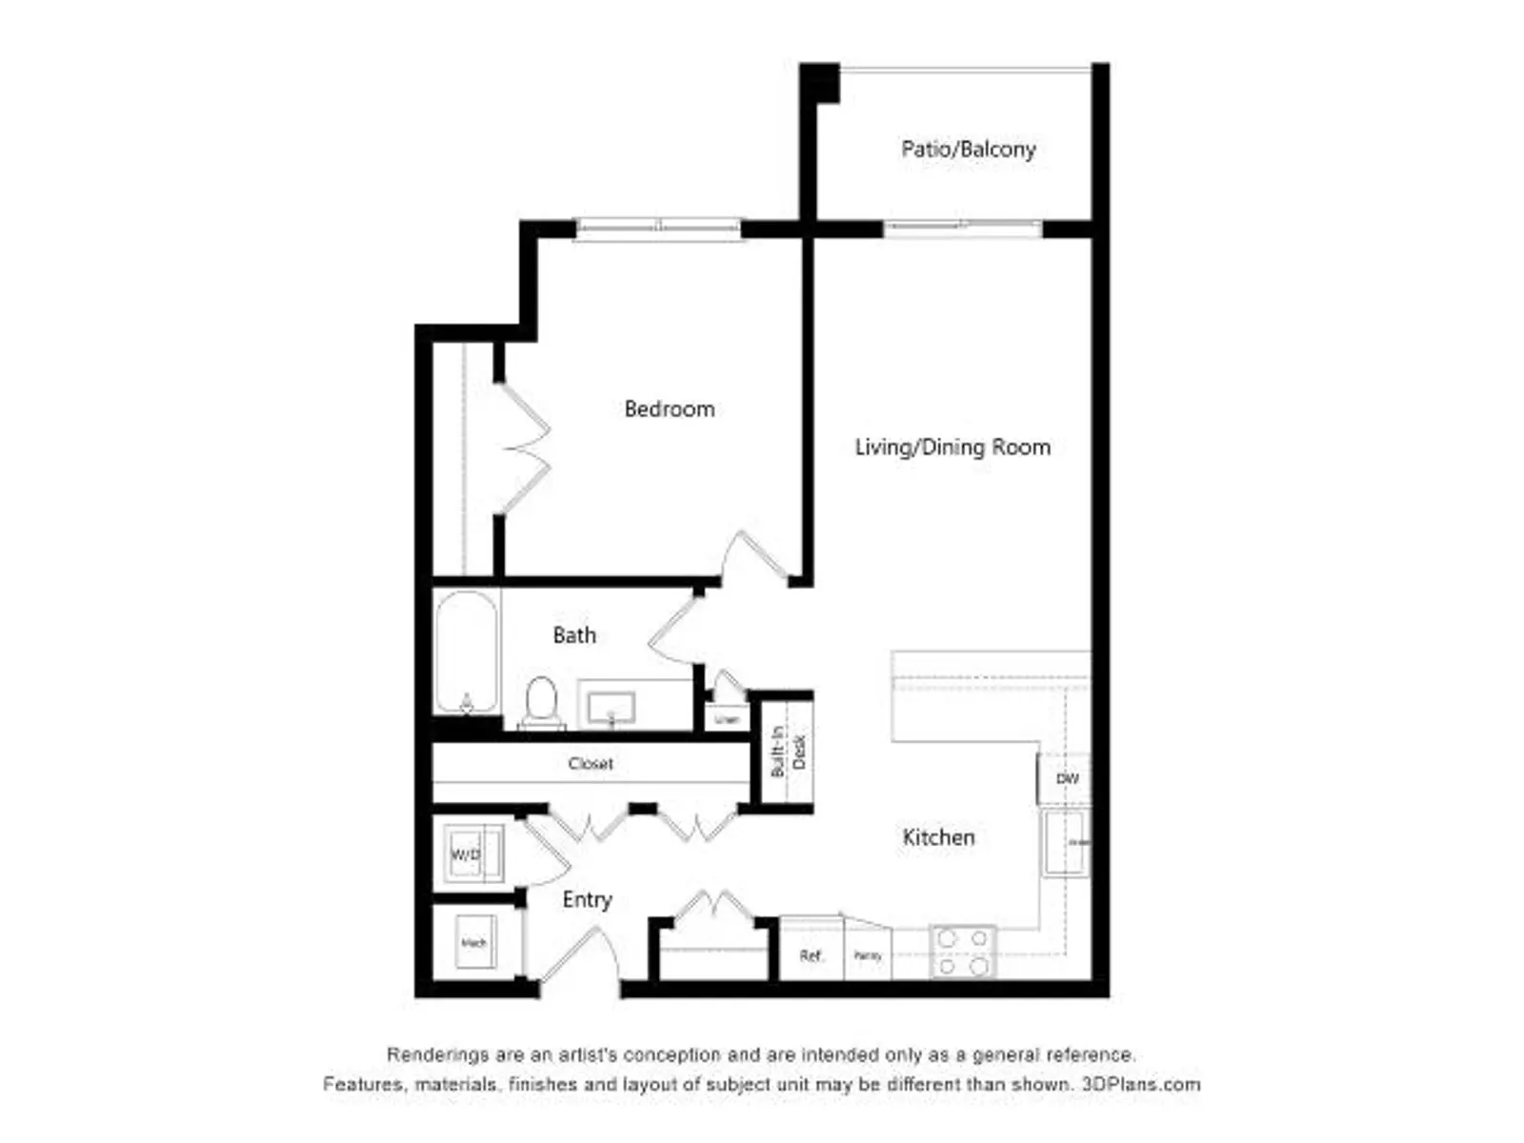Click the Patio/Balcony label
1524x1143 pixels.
pyautogui.click(x=968, y=150)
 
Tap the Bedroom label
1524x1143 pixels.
pyautogui.click(x=669, y=410)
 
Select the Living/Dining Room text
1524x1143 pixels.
pyautogui.click(x=952, y=448)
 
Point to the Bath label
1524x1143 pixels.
pyautogui.click(x=574, y=635)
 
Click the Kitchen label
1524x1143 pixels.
pyautogui.click(x=938, y=837)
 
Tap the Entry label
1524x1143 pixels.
pyautogui.click(x=587, y=900)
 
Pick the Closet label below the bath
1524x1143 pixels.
pyautogui.click(x=591, y=764)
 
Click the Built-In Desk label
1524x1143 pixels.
pyautogui.click(x=789, y=752)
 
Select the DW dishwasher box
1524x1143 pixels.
pyautogui.click(x=1067, y=779)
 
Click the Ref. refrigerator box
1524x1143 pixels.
pyautogui.click(x=812, y=955)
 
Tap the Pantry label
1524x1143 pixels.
pyautogui.click(x=868, y=955)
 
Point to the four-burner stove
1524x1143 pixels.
pyautogui.click(x=963, y=952)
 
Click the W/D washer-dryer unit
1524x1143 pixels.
pyautogui.click(x=467, y=854)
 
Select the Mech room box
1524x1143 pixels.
pyautogui.click(x=474, y=943)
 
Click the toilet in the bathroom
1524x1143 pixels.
pyautogui.click(x=541, y=702)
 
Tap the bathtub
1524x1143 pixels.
pyautogui.click(x=467, y=652)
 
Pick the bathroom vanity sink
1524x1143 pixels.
pyautogui.click(x=611, y=709)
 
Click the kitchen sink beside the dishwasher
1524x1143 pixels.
pyautogui.click(x=1066, y=842)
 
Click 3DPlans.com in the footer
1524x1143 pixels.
pyautogui.click(x=1141, y=1084)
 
